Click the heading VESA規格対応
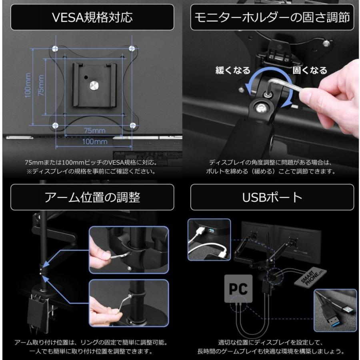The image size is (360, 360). [92, 18]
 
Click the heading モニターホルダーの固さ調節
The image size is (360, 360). [272, 18]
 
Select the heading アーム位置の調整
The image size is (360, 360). [92, 197]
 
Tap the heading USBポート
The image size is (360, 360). [272, 197]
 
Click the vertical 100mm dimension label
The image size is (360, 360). [28, 85]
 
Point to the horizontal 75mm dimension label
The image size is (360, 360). [94, 130]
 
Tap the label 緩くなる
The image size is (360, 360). [233, 70]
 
